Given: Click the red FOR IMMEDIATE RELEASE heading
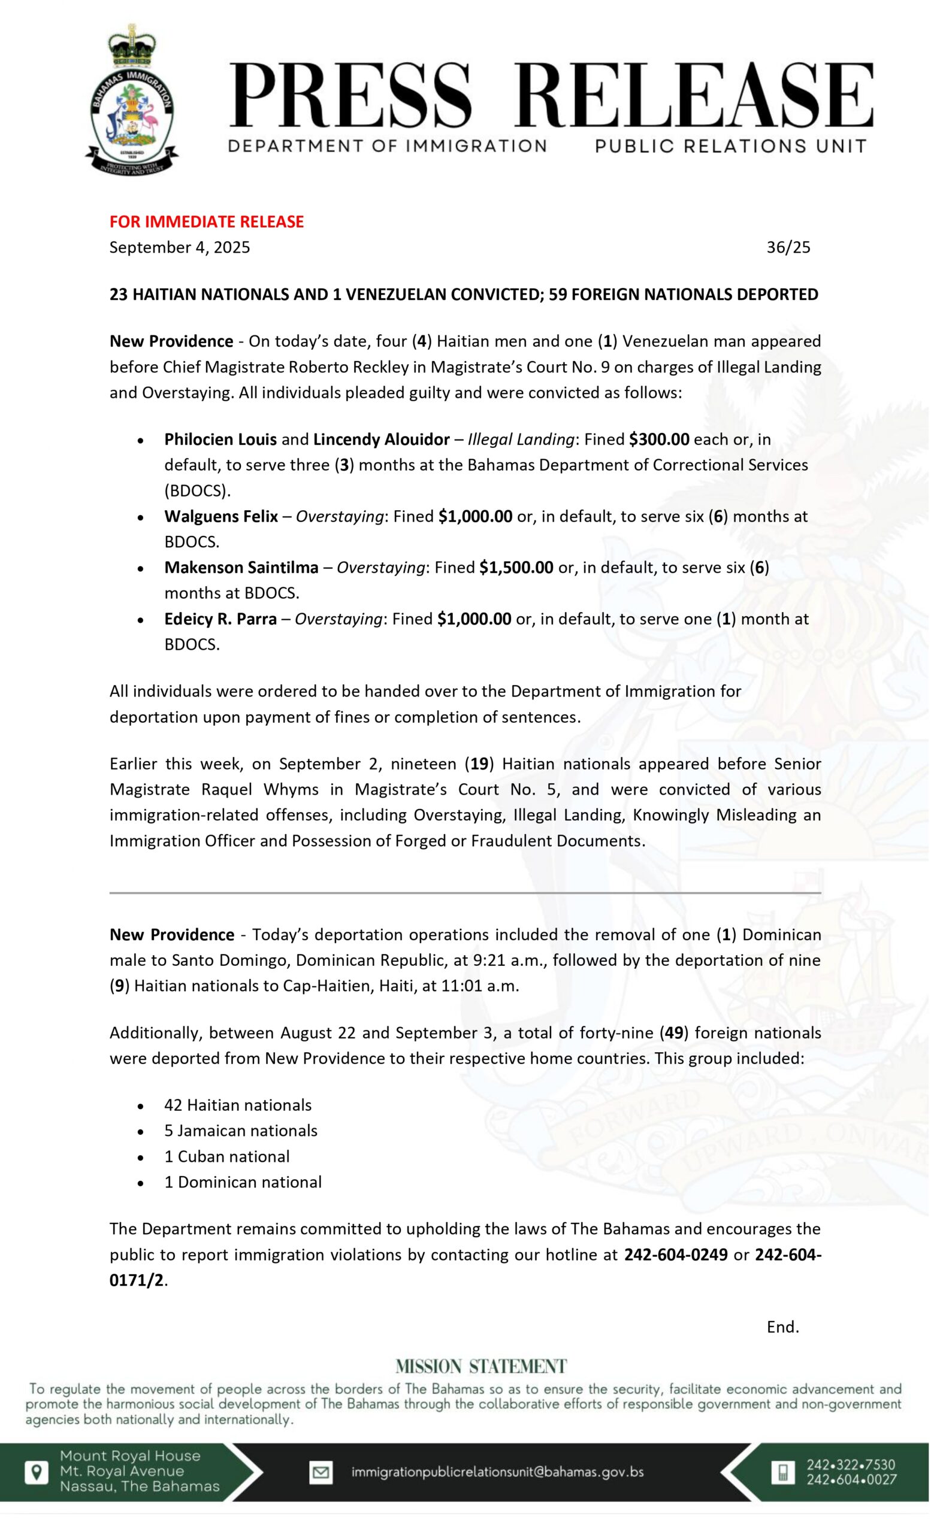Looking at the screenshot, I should (x=207, y=222).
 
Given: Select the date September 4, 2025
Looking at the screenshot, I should (x=180, y=248).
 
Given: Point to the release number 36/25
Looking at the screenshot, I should (x=788, y=248).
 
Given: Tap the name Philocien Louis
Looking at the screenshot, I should (x=220, y=440).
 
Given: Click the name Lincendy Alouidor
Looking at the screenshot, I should (x=381, y=440).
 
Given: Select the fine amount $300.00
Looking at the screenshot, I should (x=659, y=440).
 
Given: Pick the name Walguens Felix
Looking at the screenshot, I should (x=221, y=516).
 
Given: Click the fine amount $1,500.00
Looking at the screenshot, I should (x=516, y=568).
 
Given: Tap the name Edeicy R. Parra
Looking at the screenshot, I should (x=220, y=619).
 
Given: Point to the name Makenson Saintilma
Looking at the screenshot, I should (x=241, y=568).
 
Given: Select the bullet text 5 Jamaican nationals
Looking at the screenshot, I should (x=241, y=1131).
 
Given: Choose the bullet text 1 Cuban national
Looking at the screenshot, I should (x=227, y=1156).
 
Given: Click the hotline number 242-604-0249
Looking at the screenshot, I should (x=676, y=1255).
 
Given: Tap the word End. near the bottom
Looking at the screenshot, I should (x=783, y=1327).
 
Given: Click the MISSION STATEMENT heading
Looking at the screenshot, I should (x=481, y=1367).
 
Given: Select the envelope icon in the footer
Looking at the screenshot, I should (x=321, y=1472).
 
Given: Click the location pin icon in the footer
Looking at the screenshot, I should (x=37, y=1472).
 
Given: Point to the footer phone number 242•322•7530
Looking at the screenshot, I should (x=851, y=1465).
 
